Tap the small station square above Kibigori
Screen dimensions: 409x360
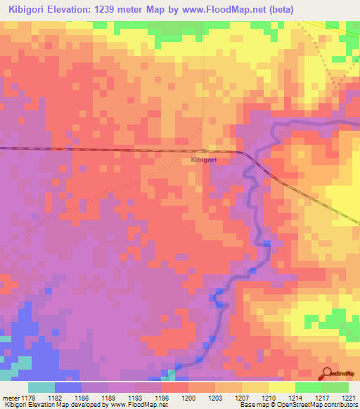tap(204, 151)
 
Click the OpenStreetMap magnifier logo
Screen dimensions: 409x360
tap(326, 372)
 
